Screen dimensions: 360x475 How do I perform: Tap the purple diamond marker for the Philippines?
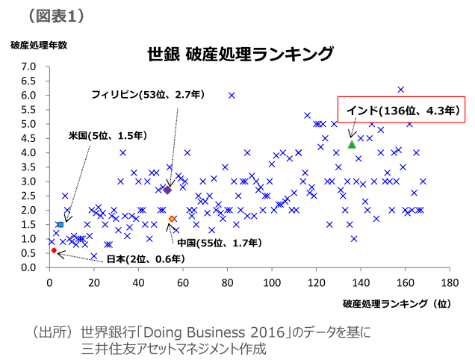tap(167, 190)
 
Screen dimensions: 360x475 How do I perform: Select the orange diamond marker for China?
tap(172, 219)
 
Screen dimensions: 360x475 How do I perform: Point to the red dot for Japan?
tap(54, 250)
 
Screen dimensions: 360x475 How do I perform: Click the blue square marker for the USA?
tap(60, 224)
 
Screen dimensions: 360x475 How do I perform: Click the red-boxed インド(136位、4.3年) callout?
tap(401, 111)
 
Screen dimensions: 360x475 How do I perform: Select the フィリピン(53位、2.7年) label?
tap(147, 94)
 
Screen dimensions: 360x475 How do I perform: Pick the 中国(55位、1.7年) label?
tap(220, 243)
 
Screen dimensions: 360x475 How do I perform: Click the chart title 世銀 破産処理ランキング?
tap(239, 54)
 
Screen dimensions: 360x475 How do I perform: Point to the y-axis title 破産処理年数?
tap(39, 45)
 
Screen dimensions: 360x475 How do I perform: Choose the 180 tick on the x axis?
tap(449, 283)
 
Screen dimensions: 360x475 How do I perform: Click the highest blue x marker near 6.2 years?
tap(401, 90)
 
